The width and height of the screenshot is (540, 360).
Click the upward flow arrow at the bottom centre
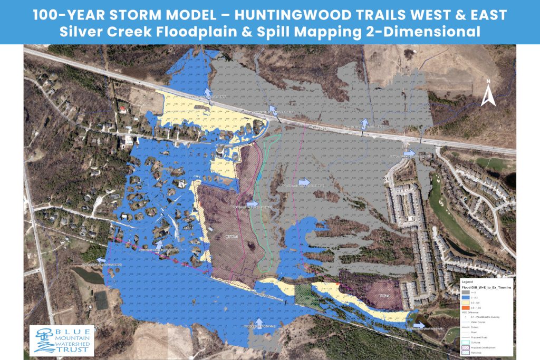point(258,322)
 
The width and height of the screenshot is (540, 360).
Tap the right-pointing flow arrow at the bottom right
point(418,325)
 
